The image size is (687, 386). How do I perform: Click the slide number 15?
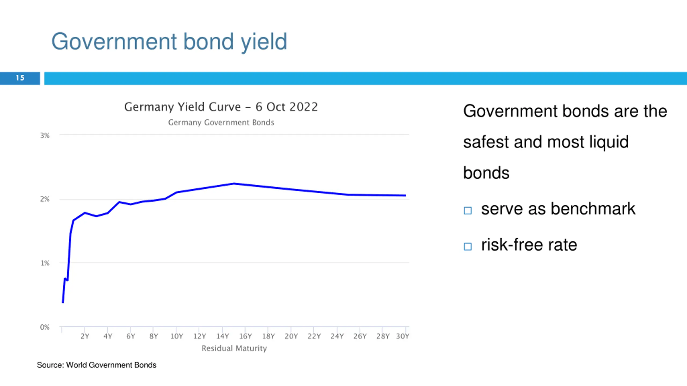(20, 78)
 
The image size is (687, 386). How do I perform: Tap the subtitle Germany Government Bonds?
(221, 123)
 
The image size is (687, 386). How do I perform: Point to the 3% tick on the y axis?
(45, 136)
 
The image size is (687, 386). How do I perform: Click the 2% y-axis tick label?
(45, 199)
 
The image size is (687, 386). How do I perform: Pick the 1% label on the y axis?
(45, 263)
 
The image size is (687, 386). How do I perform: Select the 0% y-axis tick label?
(45, 327)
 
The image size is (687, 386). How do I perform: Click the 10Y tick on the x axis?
(177, 336)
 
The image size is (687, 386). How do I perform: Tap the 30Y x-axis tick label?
(403, 336)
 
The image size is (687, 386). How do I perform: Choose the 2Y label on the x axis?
(85, 336)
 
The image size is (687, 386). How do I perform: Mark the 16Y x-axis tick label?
(245, 336)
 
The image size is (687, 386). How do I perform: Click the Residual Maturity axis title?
(234, 348)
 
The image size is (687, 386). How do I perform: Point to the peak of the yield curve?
(234, 184)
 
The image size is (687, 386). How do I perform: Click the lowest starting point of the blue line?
(63, 302)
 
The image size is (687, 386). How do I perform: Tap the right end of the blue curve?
(405, 195)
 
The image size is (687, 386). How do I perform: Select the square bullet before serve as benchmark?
(468, 210)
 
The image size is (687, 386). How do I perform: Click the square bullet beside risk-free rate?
(468, 246)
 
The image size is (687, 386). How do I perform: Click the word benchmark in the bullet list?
(593, 209)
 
